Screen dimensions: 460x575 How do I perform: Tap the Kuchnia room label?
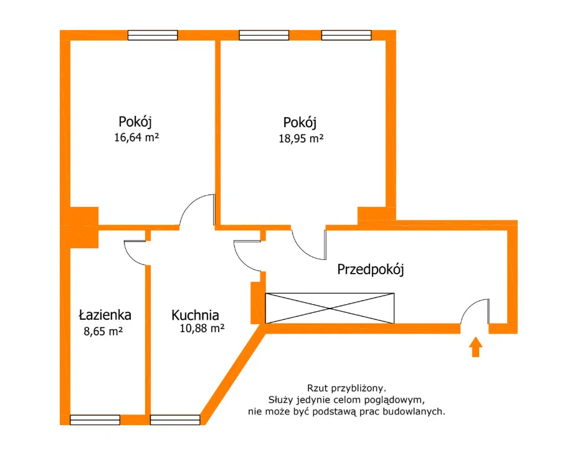pyautogui.click(x=196, y=315)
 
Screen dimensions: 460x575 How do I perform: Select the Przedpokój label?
pyautogui.click(x=371, y=269)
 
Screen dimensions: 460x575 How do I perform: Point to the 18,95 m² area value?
pyautogui.click(x=301, y=138)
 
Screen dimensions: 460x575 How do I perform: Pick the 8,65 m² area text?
pyautogui.click(x=103, y=332)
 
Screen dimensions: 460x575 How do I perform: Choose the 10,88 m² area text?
pyautogui.click(x=199, y=328)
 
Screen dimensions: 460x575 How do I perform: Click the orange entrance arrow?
pyautogui.click(x=475, y=347)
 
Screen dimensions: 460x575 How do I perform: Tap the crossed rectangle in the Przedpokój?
pyautogui.click(x=330, y=308)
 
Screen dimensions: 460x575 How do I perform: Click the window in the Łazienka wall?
pyautogui.click(x=95, y=419)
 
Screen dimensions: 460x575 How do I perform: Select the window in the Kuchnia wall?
pyautogui.click(x=175, y=419)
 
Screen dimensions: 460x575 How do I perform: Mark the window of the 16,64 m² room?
pyautogui.click(x=153, y=35)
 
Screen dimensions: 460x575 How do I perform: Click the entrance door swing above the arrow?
pyautogui.click(x=475, y=311)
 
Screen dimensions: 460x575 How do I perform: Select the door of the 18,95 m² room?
pyautogui.click(x=310, y=244)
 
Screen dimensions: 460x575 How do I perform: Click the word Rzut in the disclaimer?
pyautogui.click(x=319, y=387)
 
